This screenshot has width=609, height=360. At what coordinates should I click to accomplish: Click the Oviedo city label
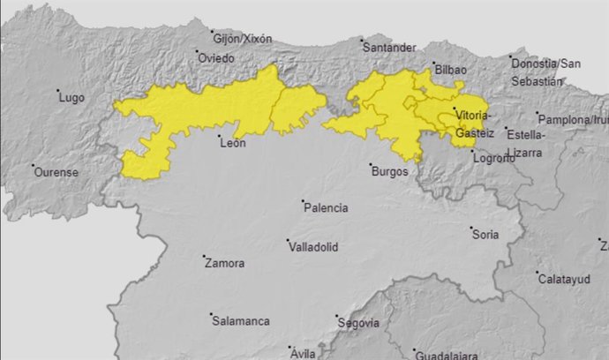point(216,58)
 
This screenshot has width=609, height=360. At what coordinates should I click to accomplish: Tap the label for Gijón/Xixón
point(243,39)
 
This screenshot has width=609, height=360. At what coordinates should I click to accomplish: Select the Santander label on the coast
point(389,47)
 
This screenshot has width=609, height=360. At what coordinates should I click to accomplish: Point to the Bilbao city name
point(451,70)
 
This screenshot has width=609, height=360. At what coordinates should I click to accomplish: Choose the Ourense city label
point(56,172)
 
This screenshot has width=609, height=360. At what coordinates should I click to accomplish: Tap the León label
point(232,143)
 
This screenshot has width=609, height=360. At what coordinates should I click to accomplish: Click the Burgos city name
point(390,171)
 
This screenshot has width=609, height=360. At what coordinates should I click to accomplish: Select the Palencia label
point(326,208)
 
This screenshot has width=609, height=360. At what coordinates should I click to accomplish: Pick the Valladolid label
point(316,247)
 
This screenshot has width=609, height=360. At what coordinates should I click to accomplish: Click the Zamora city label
point(225,263)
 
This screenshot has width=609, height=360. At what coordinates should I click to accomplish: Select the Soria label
point(485,235)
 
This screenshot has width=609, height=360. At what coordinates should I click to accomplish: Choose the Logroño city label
point(493,159)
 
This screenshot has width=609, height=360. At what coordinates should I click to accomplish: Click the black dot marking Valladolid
point(288,240)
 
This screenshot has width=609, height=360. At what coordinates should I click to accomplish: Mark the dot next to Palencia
point(300,202)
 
